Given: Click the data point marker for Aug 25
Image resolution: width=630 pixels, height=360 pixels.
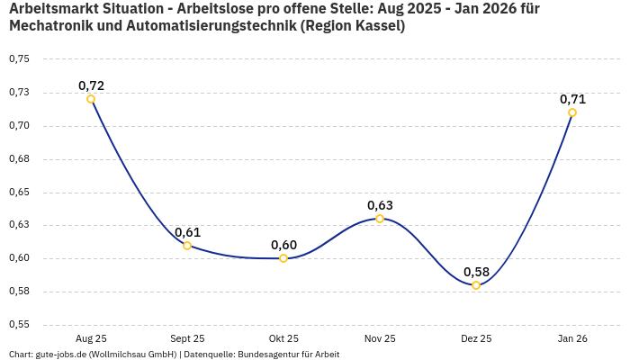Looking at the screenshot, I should click(91, 99).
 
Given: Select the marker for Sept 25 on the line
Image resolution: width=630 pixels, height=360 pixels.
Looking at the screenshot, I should click(187, 246).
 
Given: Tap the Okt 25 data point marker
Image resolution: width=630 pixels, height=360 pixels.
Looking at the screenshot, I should click(283, 258).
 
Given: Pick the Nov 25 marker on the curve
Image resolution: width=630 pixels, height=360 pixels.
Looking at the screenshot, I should click(380, 219).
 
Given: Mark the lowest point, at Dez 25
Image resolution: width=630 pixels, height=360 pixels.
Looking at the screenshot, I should click(476, 285).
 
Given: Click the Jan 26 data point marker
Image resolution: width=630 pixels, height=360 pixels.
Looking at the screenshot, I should click(572, 112).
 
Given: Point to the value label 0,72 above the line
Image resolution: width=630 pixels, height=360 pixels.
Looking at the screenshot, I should click(91, 85).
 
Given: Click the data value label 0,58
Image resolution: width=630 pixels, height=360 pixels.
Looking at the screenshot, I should click(476, 272).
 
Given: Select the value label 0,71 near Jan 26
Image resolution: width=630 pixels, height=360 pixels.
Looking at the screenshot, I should click(572, 99).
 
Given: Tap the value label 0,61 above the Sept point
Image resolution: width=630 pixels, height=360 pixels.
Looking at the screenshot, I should click(187, 232).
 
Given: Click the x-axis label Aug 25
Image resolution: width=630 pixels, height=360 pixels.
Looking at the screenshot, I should click(91, 338).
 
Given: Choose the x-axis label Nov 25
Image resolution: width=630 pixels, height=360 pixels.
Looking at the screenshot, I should click(380, 338).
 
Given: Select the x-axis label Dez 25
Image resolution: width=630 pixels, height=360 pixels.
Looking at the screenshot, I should click(476, 338).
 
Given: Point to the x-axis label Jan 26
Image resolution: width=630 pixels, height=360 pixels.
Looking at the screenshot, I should click(572, 338).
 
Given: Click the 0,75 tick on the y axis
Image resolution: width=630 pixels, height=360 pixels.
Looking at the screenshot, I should click(19, 59).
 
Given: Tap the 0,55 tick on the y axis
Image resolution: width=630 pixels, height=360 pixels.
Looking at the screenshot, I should click(19, 325).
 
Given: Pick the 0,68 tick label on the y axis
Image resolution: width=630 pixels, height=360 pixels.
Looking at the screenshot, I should click(19, 159).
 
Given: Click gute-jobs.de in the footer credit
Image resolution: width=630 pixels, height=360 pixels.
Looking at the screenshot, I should click(60, 355).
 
